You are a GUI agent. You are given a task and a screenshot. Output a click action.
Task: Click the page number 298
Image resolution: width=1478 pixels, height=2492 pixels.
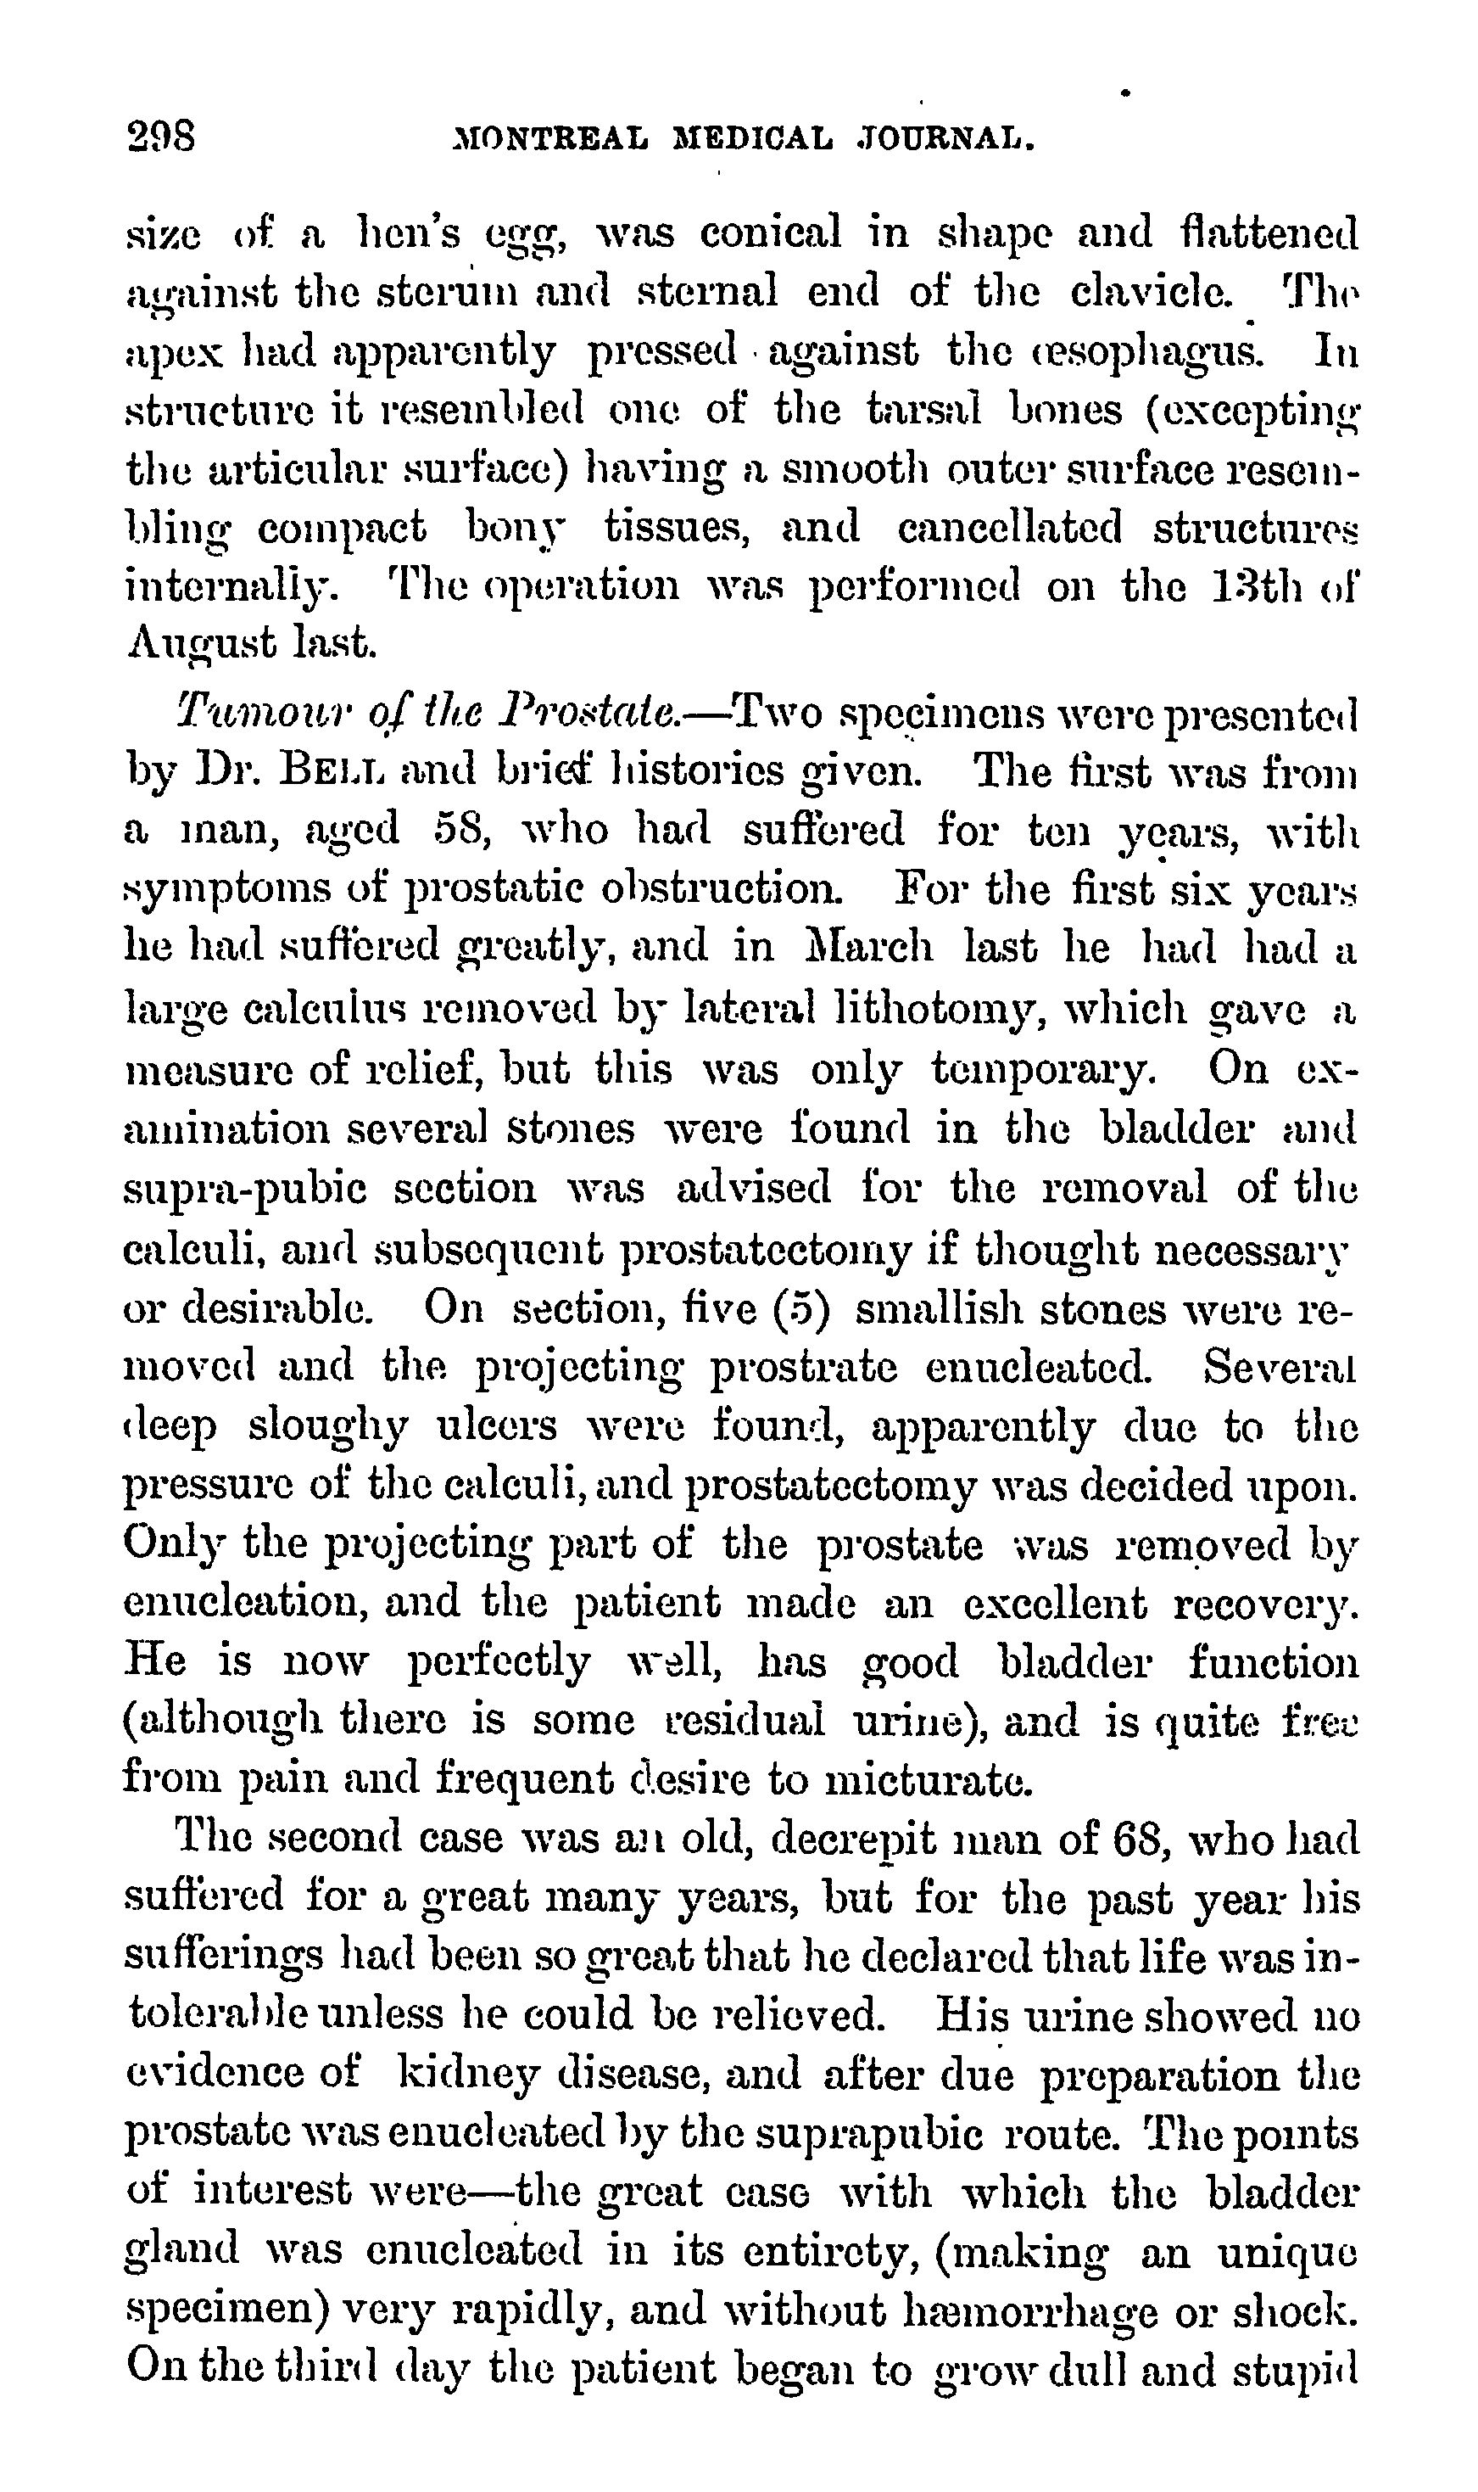(x=161, y=136)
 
